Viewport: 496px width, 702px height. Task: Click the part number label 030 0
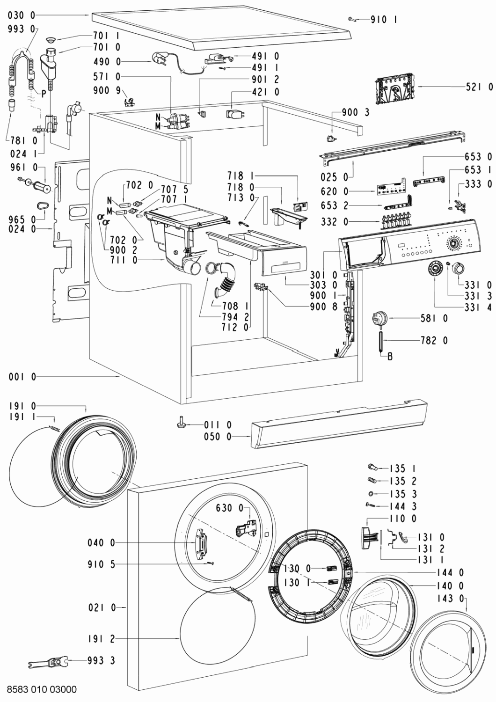point(22,15)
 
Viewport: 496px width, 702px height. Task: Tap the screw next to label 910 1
point(352,19)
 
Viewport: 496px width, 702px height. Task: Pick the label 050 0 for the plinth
point(217,437)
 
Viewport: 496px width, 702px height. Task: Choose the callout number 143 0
point(451,598)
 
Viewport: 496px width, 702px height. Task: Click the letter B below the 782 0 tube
point(390,357)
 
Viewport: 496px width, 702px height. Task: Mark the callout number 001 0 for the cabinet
point(22,376)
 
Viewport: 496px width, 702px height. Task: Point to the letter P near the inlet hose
point(43,93)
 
